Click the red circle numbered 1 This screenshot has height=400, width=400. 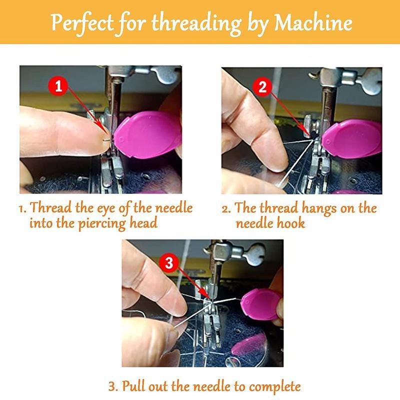[59, 86]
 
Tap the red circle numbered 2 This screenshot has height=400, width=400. [262, 87]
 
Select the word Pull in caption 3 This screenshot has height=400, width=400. [133, 386]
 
